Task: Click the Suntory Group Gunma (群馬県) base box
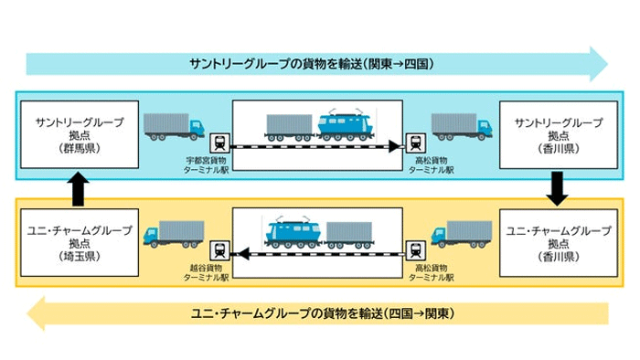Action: [80, 133]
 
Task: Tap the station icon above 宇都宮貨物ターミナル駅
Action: [219, 144]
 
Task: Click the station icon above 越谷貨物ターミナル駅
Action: [219, 249]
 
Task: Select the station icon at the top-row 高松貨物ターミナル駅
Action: [416, 144]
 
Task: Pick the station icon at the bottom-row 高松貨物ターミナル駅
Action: [416, 249]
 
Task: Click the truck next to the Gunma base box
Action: [174, 127]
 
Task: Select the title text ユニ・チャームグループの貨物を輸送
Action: [320, 314]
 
